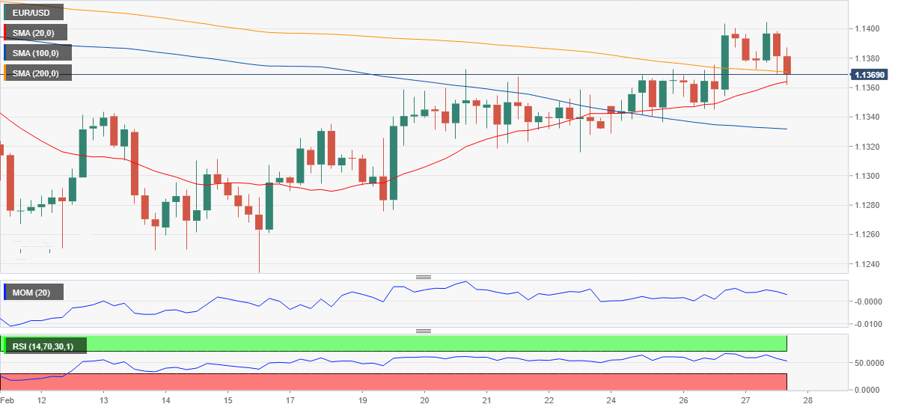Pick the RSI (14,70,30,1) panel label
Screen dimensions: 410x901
click(x=45, y=346)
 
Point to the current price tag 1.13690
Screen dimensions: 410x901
click(x=870, y=75)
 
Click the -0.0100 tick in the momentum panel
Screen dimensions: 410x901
click(x=867, y=325)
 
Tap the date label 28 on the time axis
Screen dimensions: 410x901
click(x=807, y=401)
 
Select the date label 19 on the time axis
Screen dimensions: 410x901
click(x=362, y=401)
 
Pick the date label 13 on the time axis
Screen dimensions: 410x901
click(x=103, y=401)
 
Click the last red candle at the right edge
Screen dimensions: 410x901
click(x=787, y=65)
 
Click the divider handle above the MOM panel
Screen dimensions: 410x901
click(x=424, y=277)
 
